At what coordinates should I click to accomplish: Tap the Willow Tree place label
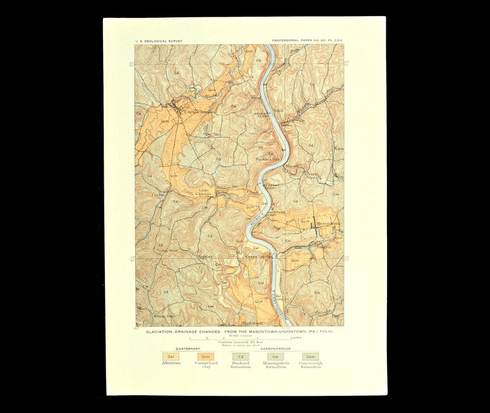click(166, 316)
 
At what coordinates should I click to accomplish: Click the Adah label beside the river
click(268, 111)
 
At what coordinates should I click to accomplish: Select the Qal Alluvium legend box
click(168, 356)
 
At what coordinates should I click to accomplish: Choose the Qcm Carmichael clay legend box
click(206, 356)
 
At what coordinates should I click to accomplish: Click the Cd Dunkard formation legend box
click(241, 356)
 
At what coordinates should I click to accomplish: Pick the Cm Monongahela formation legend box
click(276, 356)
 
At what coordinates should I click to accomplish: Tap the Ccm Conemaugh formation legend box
click(310, 356)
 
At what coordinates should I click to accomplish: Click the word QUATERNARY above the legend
click(186, 348)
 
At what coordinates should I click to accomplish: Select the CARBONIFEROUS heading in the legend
click(276, 348)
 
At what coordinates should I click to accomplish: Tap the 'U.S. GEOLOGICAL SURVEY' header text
click(159, 41)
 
